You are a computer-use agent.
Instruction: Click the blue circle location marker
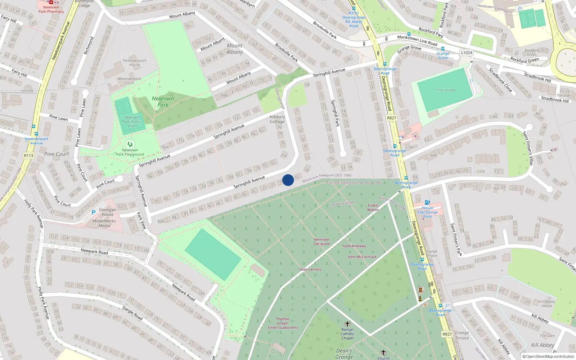pyautogui.click(x=288, y=180)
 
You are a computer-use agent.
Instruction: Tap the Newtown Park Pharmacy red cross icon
pyautogui.click(x=51, y=2)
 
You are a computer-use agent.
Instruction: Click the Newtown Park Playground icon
pyautogui.click(x=130, y=144)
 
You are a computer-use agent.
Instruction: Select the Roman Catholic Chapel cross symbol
pyautogui.click(x=347, y=324)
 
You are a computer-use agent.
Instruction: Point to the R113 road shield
pyautogui.click(x=28, y=156)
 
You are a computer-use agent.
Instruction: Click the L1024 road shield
pyautogui.click(x=467, y=53)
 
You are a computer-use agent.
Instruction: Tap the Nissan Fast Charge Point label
pyautogui.click(x=428, y=212)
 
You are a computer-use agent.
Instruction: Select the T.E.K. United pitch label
pyautogui.click(x=445, y=90)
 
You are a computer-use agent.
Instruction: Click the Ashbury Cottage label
pyautogui.click(x=277, y=119)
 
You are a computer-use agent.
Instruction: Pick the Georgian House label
pyautogui.click(x=108, y=212)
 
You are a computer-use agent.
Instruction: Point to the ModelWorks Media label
pyautogui.click(x=104, y=224)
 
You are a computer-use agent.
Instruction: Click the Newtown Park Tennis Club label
pyautogui.click(x=132, y=122)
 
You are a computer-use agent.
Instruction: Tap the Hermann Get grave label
pyautogui.click(x=321, y=242)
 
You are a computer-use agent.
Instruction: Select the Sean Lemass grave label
pyautogui.click(x=310, y=269)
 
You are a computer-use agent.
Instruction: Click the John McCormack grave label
pyautogui.click(x=362, y=257)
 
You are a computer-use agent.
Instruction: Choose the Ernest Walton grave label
pyautogui.click(x=373, y=207)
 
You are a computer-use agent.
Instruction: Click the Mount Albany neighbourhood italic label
pyautogui.click(x=235, y=49)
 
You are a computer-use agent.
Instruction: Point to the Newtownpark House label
pyautogui.click(x=134, y=63)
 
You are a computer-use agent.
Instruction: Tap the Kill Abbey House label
pyautogui.click(x=547, y=303)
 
